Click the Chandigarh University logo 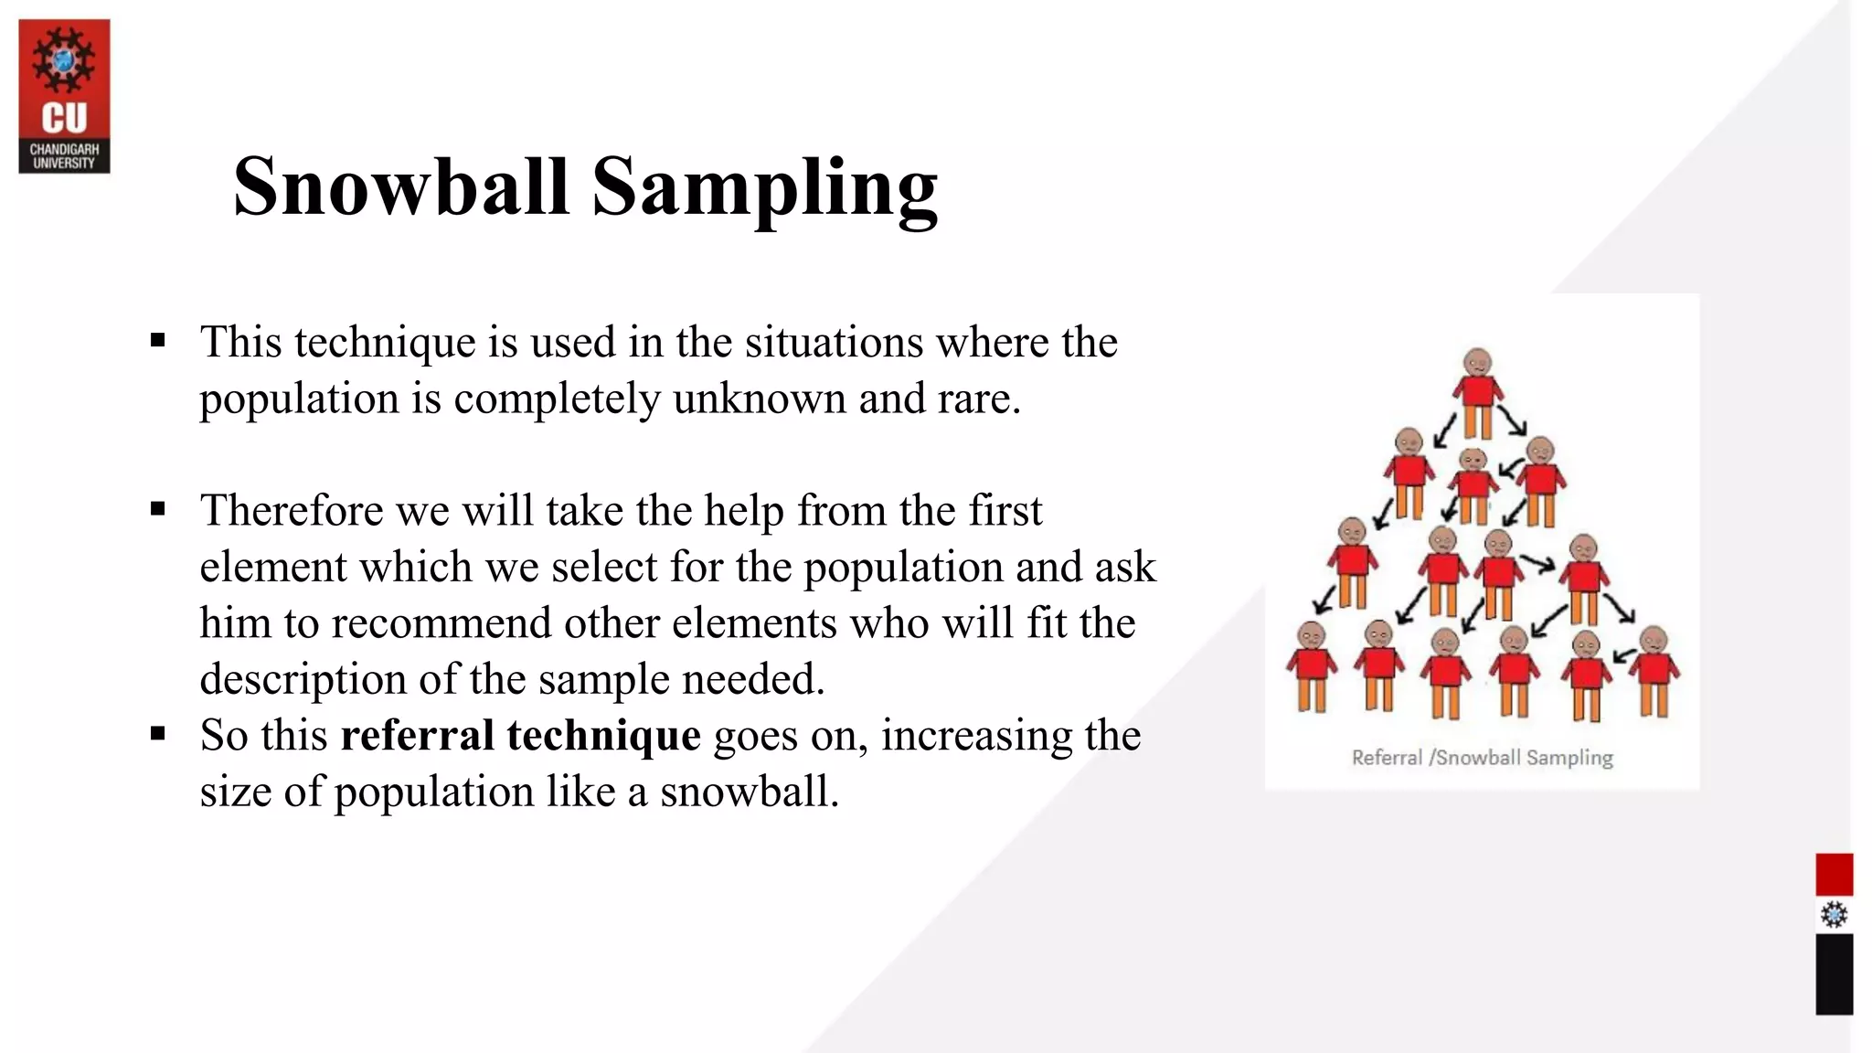coord(64,96)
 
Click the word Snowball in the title coord(401,186)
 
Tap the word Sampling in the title coord(764,188)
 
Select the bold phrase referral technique coord(520,735)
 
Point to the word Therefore coord(291,510)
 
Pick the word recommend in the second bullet coord(441,623)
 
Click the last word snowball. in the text coord(750,792)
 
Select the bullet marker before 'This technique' coord(158,342)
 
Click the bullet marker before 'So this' coord(158,734)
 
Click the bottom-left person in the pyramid coord(1312,666)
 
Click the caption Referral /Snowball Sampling coord(1482,758)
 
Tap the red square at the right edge coord(1834,875)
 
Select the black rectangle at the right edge coord(1834,974)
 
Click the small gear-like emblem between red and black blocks coord(1834,915)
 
